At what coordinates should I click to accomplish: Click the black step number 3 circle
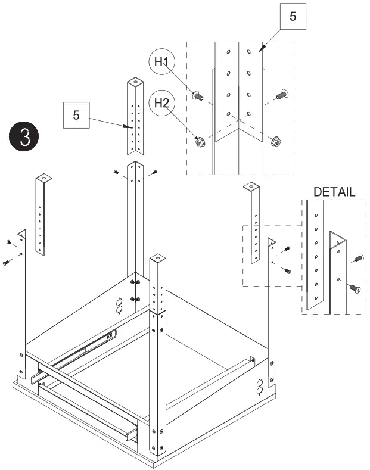24,136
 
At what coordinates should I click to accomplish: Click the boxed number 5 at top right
292,17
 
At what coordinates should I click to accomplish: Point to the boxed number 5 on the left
76,115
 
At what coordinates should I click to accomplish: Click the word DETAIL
334,192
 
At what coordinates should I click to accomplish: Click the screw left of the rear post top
116,172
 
